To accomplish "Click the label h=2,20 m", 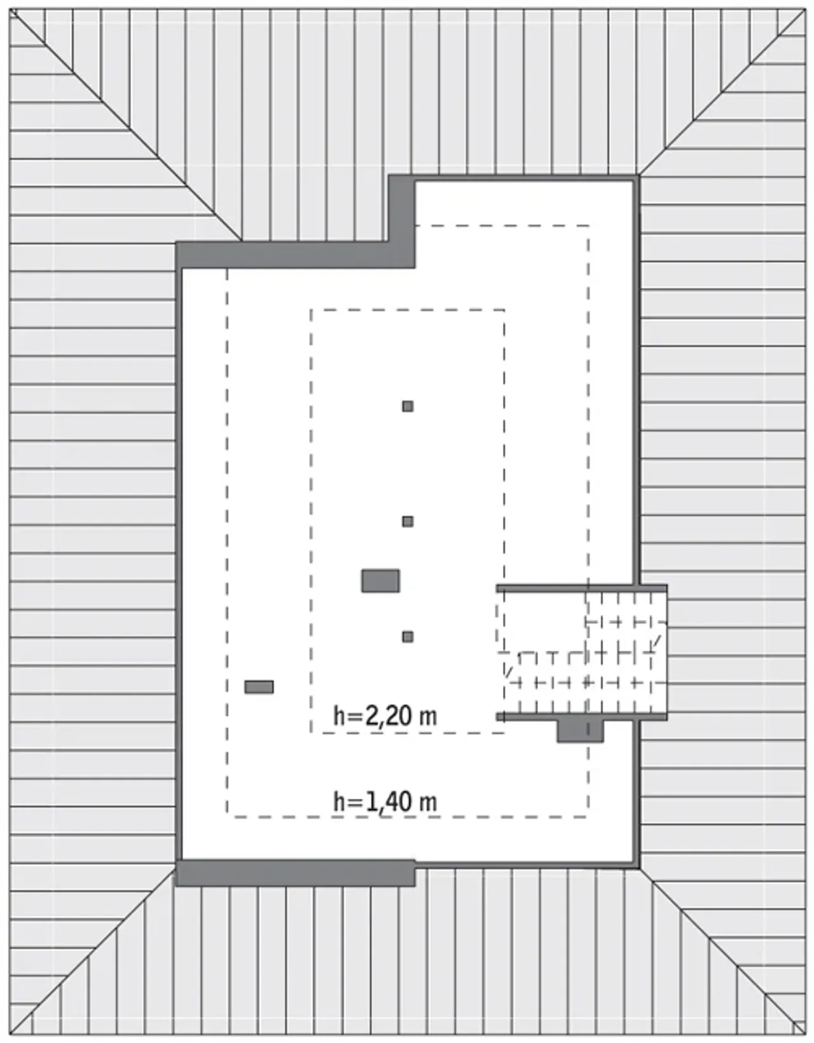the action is point(385,716).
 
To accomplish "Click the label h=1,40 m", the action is point(385,802).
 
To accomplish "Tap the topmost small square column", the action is point(408,407).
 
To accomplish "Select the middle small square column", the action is point(408,521).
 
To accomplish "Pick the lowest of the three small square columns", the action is point(408,637).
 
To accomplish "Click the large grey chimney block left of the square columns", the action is point(380,581).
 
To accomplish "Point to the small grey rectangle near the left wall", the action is point(259,687).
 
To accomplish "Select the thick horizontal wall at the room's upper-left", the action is point(295,255).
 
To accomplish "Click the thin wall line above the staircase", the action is point(582,588).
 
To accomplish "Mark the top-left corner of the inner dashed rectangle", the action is point(311,310).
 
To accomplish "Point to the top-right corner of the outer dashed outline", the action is point(589,226).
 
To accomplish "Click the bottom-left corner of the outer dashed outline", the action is point(228,817).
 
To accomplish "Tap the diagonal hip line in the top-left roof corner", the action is point(126,125).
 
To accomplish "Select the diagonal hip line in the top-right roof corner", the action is point(722,92).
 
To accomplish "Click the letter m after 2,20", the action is point(428,719).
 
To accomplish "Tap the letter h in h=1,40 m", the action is point(339,802).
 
